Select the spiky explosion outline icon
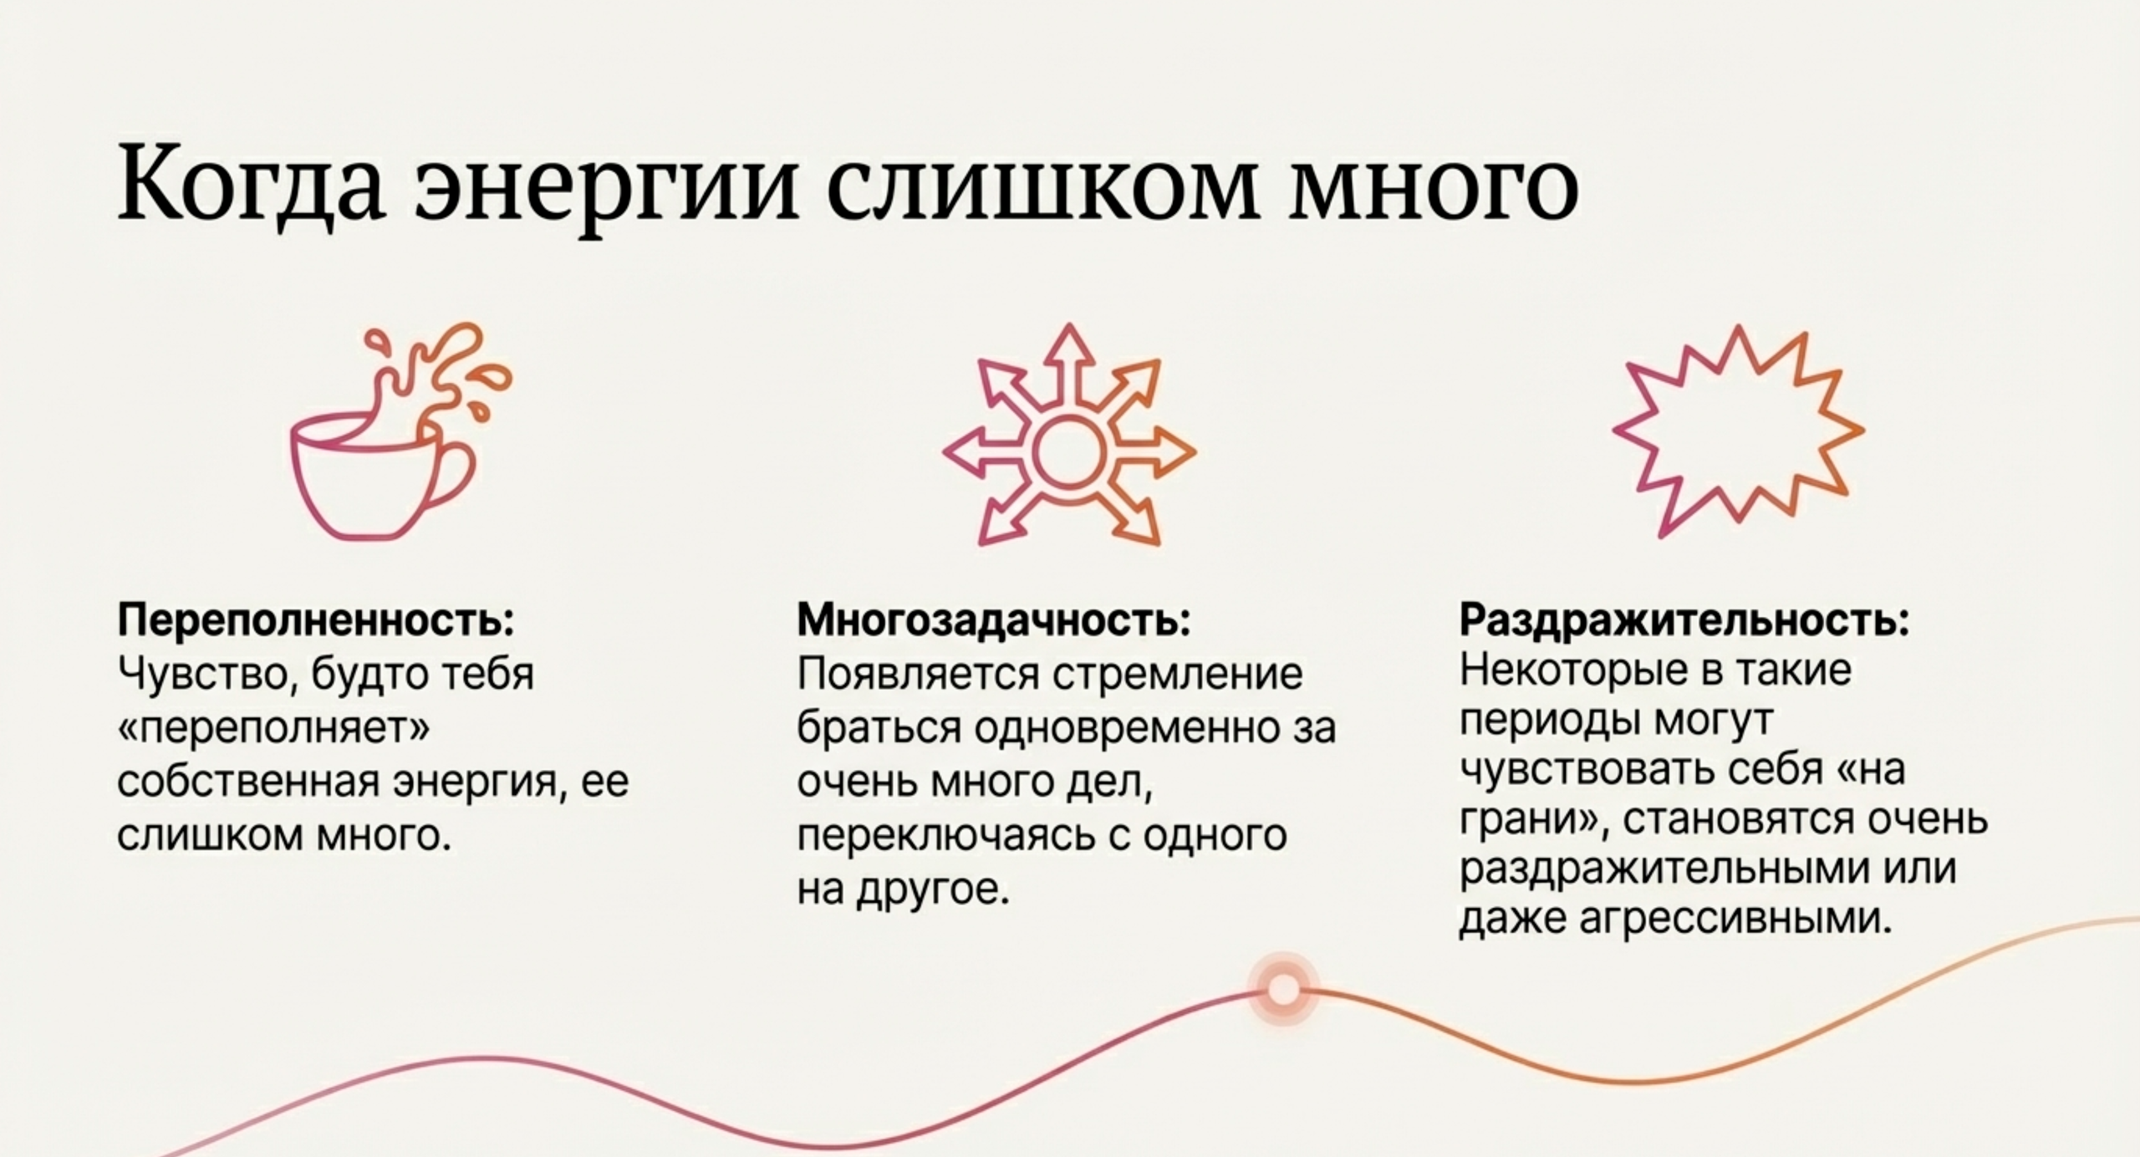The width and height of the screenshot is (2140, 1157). (x=1739, y=431)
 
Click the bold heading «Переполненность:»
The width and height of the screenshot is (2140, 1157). (x=316, y=620)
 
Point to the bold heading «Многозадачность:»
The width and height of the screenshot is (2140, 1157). (x=994, y=620)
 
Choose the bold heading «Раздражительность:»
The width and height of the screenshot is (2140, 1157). (x=1684, y=620)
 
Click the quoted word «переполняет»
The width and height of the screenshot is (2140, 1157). (x=273, y=727)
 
